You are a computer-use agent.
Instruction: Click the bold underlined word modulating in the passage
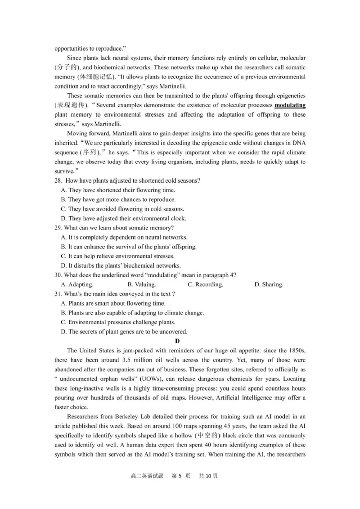(x=290, y=105)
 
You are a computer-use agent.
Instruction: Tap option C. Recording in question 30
(x=205, y=284)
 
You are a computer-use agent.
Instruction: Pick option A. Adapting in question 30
(x=77, y=284)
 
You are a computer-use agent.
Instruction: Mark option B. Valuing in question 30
(x=142, y=284)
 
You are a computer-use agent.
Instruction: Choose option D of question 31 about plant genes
(x=124, y=332)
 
